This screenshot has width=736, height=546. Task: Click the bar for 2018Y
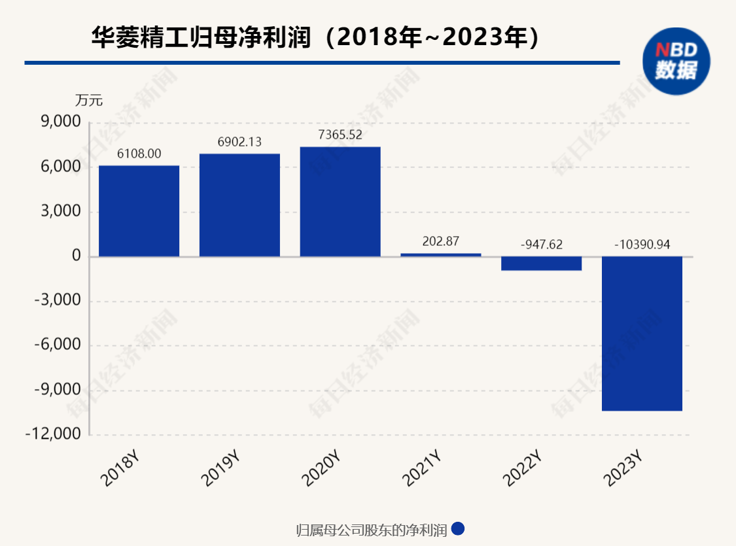pyautogui.click(x=139, y=211)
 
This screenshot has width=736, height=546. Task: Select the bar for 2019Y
pyautogui.click(x=239, y=205)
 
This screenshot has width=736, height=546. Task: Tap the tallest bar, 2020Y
pyautogui.click(x=340, y=201)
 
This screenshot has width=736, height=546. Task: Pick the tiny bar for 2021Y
pyautogui.click(x=440, y=254)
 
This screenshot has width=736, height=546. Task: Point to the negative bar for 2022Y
pyautogui.click(x=541, y=264)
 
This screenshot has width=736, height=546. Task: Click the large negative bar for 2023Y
pyautogui.click(x=642, y=333)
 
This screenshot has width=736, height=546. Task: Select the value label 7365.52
pyautogui.click(x=340, y=135)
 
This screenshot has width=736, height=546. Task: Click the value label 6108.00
pyautogui.click(x=139, y=154)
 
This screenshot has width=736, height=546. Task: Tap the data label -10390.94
pyautogui.click(x=642, y=245)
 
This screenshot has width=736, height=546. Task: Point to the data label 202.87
pyautogui.click(x=440, y=241)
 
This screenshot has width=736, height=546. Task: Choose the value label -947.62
pyautogui.click(x=541, y=245)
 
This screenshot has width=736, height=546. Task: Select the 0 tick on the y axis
pyautogui.click(x=77, y=256)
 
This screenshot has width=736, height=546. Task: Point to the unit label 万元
pyautogui.click(x=89, y=101)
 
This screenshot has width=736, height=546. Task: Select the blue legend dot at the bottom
pyautogui.click(x=458, y=528)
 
